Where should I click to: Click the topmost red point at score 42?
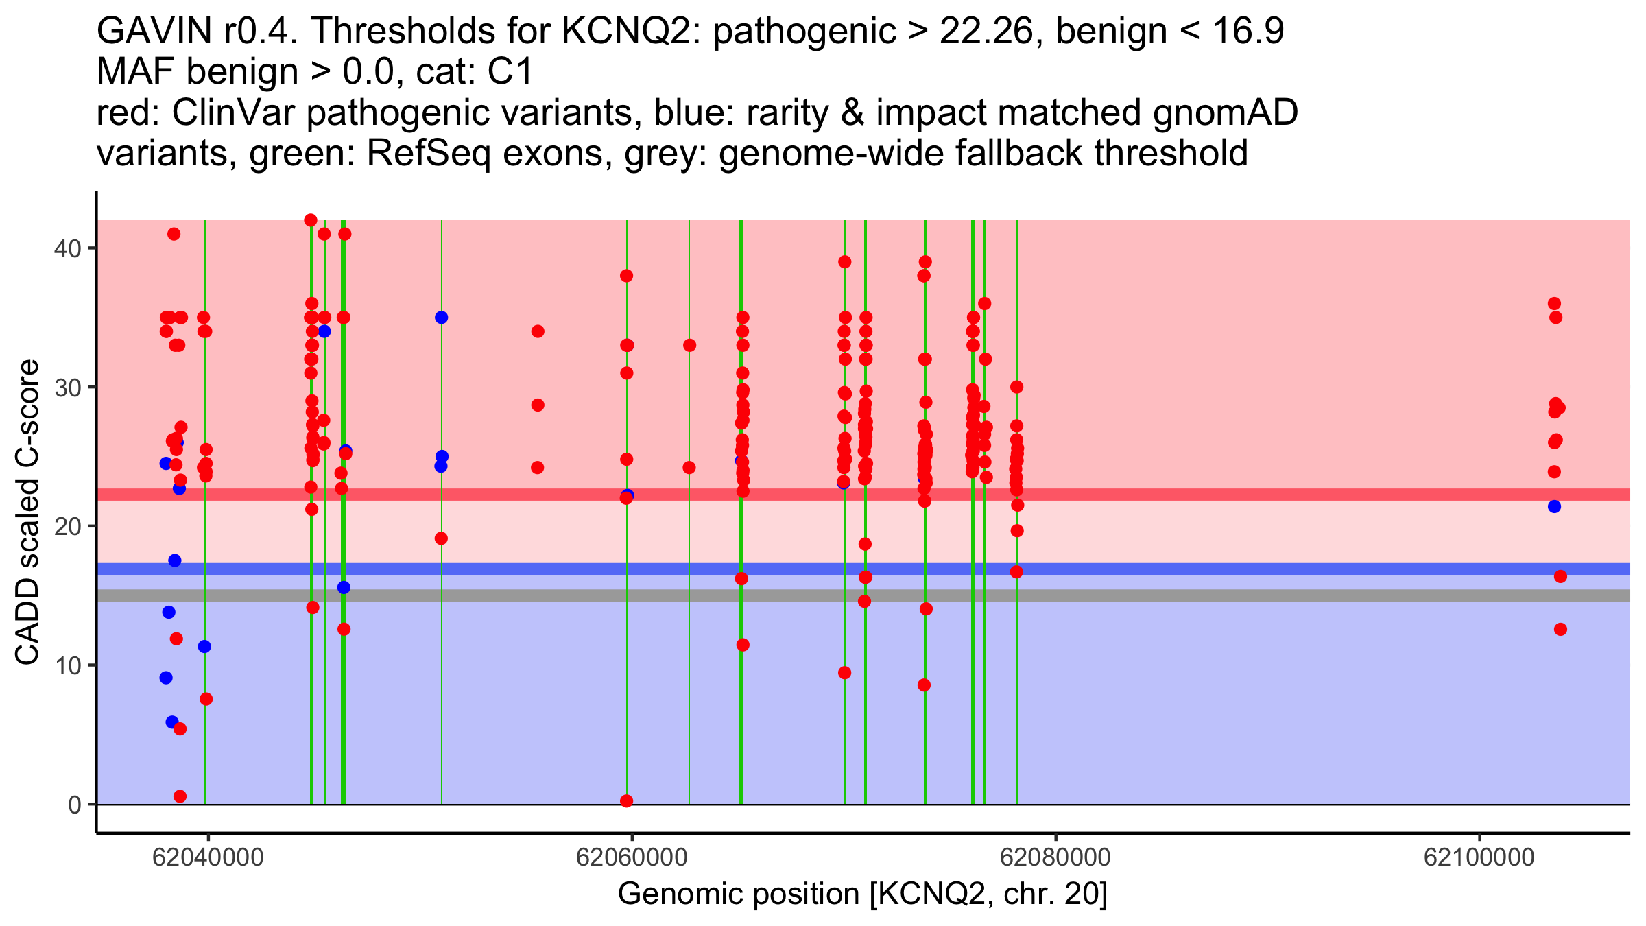(x=311, y=220)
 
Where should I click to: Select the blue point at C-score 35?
(x=441, y=318)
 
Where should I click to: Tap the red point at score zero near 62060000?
(x=626, y=801)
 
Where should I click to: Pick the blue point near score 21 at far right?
(x=1554, y=507)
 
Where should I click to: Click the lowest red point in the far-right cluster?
(x=1560, y=630)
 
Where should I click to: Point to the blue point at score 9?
(x=166, y=678)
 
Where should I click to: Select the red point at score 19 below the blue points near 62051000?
(x=441, y=538)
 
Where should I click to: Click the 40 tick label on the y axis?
(x=67, y=248)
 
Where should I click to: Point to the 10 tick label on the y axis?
(x=67, y=665)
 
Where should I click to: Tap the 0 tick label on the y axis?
(x=74, y=805)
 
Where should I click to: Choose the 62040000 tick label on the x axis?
(x=208, y=857)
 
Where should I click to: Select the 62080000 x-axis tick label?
(x=1055, y=857)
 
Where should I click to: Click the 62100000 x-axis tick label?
(x=1479, y=857)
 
